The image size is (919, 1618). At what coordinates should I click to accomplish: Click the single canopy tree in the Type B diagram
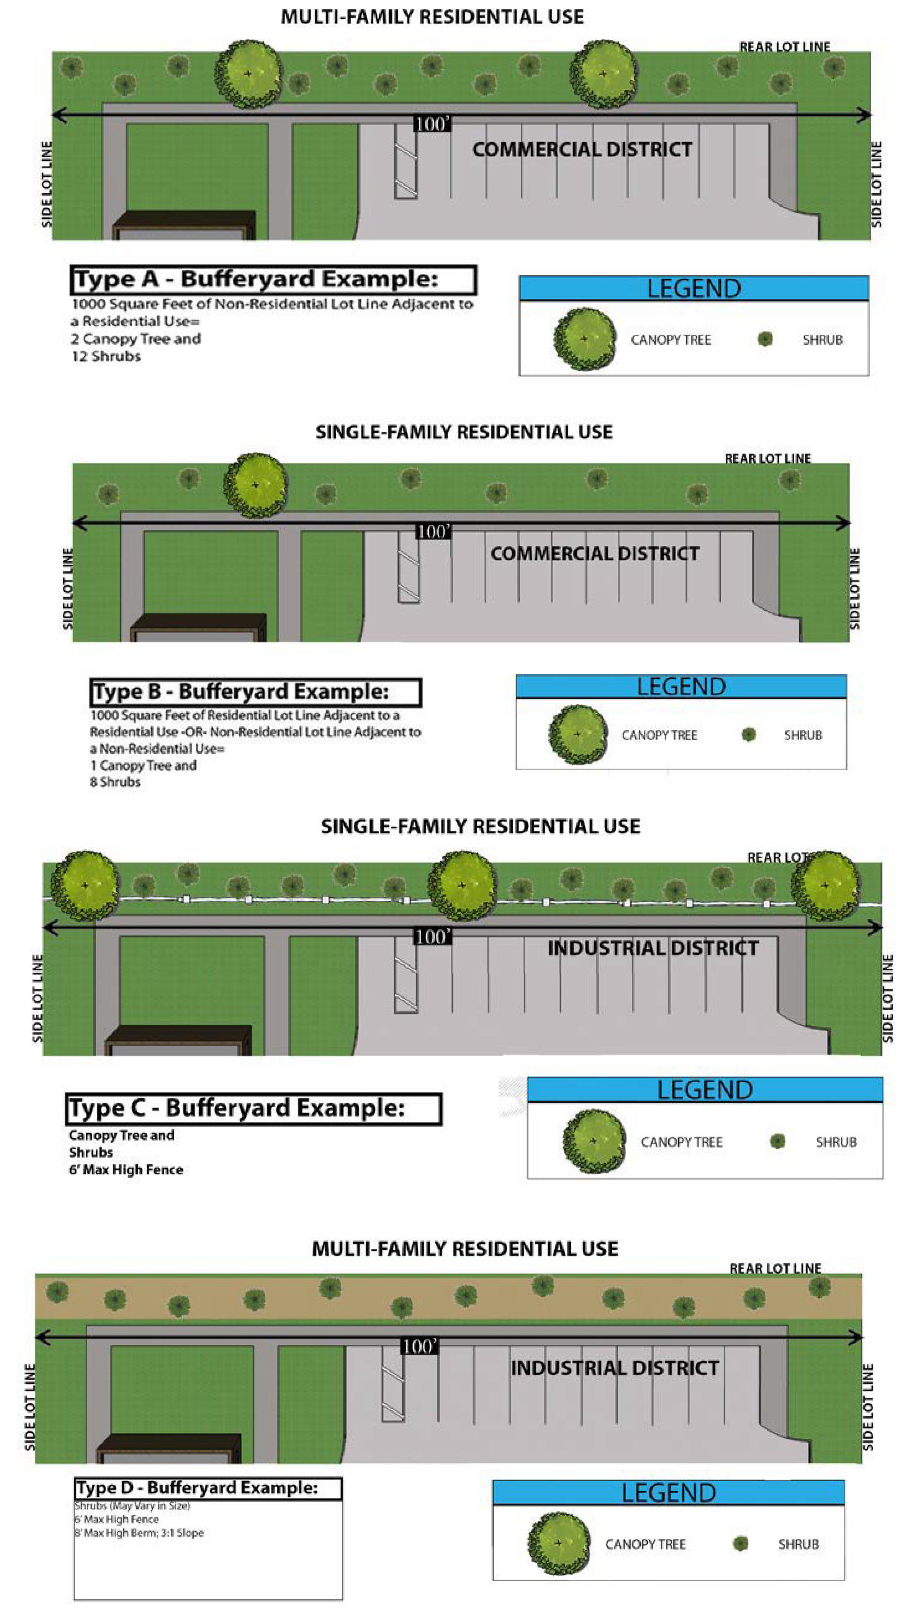[255, 485]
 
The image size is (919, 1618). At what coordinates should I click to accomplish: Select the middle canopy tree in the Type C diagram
[462, 885]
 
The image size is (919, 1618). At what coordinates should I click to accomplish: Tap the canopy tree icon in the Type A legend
[584, 339]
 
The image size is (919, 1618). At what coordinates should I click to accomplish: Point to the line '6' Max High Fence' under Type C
[126, 1170]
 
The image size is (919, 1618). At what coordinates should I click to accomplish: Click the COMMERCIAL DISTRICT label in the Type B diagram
[595, 554]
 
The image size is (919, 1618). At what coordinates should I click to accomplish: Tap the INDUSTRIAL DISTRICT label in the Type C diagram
[653, 948]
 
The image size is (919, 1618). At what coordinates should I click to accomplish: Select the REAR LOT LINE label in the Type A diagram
[784, 47]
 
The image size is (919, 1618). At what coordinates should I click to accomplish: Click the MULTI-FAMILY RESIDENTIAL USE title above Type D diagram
[464, 1249]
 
